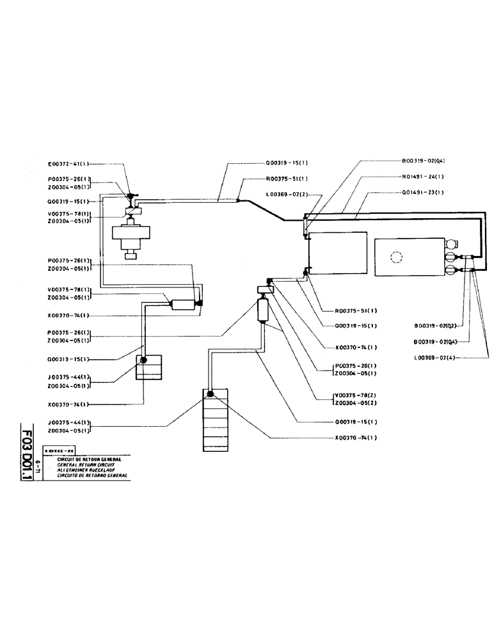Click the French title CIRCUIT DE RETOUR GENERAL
point(89,460)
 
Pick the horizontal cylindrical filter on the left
point(182,305)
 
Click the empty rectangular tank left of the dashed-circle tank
point(337,254)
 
